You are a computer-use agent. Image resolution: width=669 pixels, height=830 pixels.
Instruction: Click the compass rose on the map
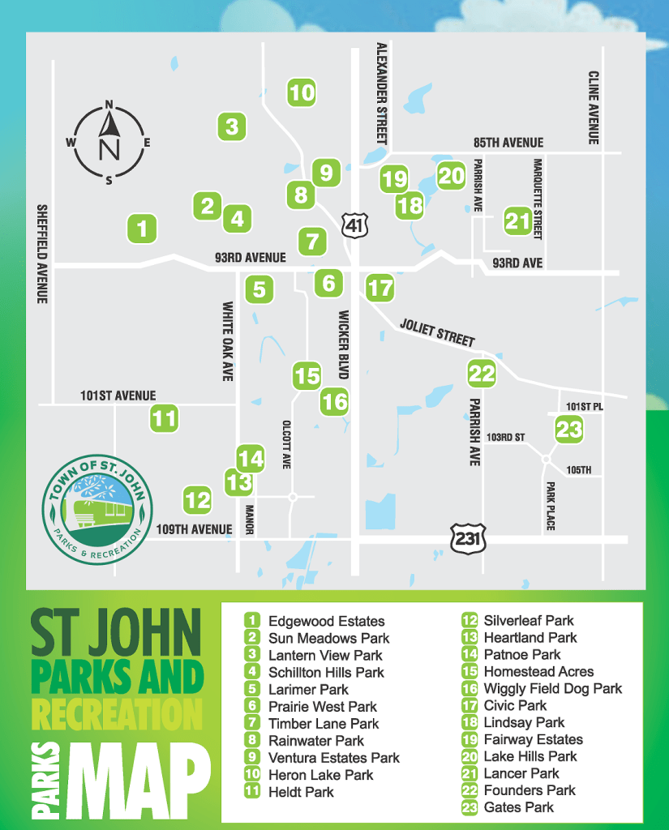(109, 143)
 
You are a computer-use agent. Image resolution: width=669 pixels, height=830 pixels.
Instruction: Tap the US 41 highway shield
(354, 225)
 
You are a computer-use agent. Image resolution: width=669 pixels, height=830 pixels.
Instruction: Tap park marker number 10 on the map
(302, 92)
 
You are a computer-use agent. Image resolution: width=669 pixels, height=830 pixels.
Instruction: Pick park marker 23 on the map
(569, 429)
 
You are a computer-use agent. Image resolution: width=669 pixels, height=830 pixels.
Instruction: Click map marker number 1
(143, 229)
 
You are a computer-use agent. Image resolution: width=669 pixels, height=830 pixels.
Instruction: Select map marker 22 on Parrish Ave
(482, 374)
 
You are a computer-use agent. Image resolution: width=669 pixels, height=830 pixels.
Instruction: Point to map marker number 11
(164, 419)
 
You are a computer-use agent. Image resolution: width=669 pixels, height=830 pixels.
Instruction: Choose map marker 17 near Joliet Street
(380, 287)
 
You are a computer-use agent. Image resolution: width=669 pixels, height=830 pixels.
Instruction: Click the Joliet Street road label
(437, 332)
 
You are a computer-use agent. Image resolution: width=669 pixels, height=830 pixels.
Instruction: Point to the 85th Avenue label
(508, 143)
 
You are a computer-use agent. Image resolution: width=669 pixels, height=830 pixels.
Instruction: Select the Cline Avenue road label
(594, 107)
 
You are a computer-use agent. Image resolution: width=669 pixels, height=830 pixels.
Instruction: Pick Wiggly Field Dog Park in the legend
(552, 688)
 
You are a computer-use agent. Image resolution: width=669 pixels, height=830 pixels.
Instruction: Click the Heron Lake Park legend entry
(320, 774)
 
